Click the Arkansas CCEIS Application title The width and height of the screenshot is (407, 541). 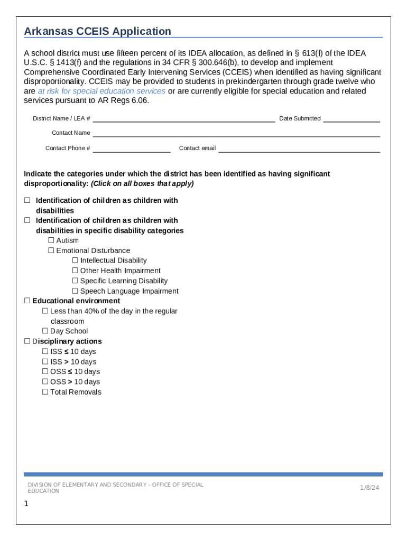point(98,31)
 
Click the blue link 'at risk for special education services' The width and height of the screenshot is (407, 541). point(101,91)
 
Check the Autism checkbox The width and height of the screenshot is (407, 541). point(51,240)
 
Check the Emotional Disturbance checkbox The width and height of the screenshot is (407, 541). point(51,250)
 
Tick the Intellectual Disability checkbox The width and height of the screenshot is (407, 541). point(75,260)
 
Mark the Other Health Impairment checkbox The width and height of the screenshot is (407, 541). point(75,270)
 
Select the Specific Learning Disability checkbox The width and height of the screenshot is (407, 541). point(75,281)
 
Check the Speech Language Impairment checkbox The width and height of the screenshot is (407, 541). point(75,291)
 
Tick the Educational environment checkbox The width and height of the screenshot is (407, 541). point(27,301)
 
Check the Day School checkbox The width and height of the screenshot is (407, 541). point(45,331)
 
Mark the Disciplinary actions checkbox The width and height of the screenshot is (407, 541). point(27,341)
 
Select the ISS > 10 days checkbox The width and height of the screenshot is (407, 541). point(45,362)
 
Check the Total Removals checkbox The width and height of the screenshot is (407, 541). point(45,392)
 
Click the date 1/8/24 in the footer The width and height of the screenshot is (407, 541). point(369,488)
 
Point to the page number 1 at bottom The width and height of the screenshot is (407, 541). point(26,504)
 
